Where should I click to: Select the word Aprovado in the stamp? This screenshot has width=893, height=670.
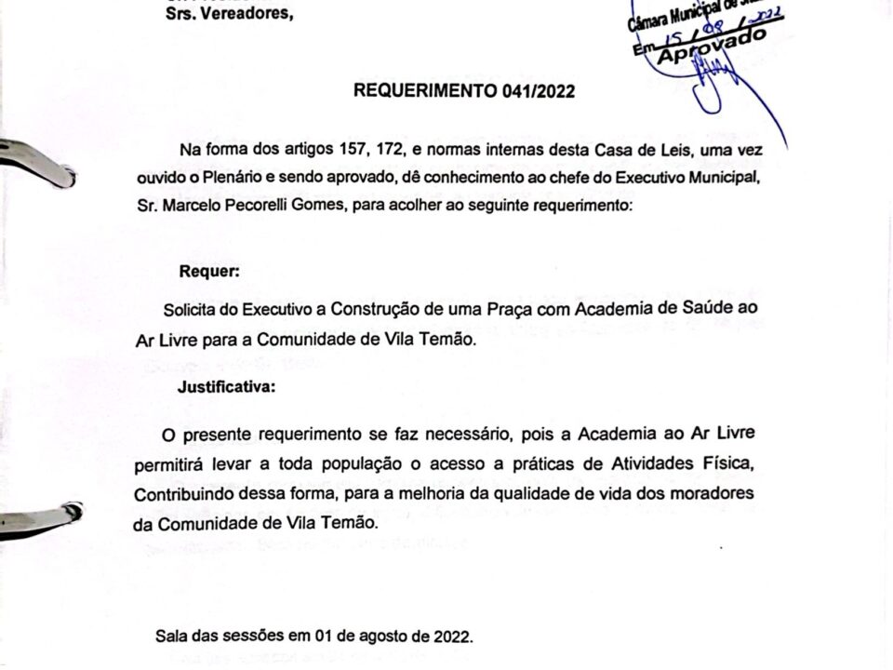coord(713,48)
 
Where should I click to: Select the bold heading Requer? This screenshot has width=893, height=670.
coord(209,272)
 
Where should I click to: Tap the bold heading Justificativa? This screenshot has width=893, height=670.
coord(227,388)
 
